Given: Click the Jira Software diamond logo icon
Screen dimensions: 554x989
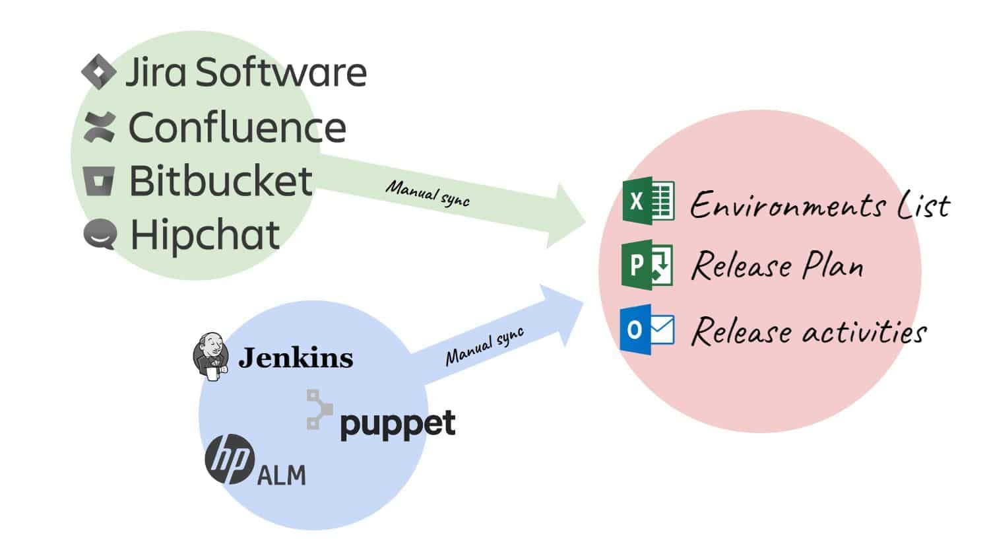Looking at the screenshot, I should pyautogui.click(x=99, y=72).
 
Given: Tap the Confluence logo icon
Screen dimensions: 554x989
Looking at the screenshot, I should pyautogui.click(x=100, y=127).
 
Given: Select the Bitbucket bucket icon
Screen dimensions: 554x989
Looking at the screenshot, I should pyautogui.click(x=99, y=180).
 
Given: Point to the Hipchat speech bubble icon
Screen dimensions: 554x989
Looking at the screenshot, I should pyautogui.click(x=100, y=234).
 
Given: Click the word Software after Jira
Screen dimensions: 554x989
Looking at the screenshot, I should pyautogui.click(x=281, y=72).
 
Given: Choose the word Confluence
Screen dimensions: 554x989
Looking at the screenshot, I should pyautogui.click(x=237, y=127).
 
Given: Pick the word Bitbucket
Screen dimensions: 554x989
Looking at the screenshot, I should pyautogui.click(x=220, y=180).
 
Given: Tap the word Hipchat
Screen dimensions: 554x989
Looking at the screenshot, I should pyautogui.click(x=205, y=235).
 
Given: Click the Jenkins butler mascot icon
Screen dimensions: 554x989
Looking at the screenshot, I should pyautogui.click(x=210, y=357).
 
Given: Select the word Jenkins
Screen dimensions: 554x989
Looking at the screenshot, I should pyautogui.click(x=296, y=358).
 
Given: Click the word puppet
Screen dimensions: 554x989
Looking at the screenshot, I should pyautogui.click(x=397, y=424).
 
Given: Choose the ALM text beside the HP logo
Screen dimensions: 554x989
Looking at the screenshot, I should pyautogui.click(x=281, y=475).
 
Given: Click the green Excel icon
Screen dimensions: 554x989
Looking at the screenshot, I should pyautogui.click(x=648, y=201).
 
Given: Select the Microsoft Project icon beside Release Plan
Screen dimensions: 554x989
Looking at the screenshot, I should pyautogui.click(x=647, y=265).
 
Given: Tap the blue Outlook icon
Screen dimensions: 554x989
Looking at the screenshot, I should pyautogui.click(x=647, y=329).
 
